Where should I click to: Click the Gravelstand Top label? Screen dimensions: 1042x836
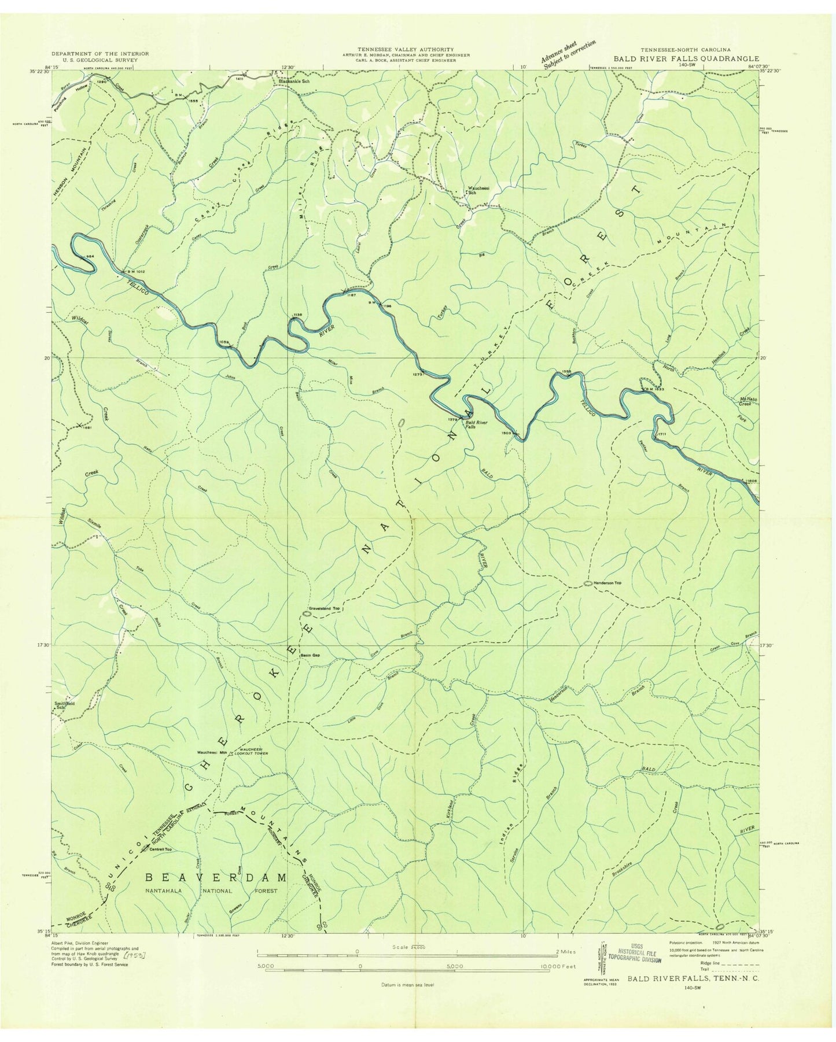324,609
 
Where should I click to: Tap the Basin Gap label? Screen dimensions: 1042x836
310,655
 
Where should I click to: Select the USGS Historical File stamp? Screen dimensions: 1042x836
634,954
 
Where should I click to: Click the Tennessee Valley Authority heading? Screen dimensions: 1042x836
405,50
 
